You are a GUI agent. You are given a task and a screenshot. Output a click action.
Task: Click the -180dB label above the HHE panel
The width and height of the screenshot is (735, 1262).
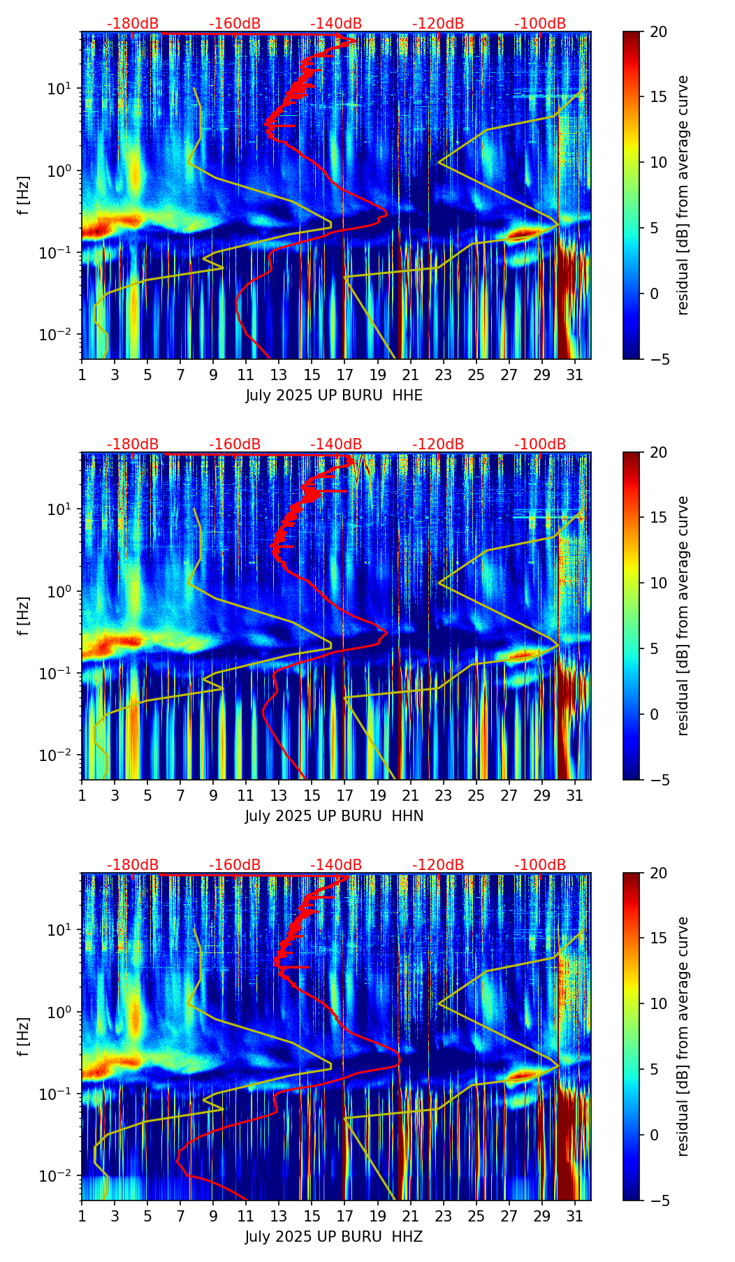[x=133, y=24]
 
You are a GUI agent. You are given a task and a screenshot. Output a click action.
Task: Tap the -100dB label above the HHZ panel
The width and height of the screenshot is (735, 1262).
[x=540, y=865]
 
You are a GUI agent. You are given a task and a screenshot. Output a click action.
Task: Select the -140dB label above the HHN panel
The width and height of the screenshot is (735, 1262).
[x=336, y=444]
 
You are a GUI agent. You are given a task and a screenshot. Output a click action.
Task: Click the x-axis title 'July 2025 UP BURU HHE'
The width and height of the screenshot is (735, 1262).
[x=334, y=396]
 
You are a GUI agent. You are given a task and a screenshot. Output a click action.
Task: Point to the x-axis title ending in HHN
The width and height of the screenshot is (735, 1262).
[x=334, y=816]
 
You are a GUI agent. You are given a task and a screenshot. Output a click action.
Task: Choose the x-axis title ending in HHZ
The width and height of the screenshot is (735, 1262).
[x=334, y=1237]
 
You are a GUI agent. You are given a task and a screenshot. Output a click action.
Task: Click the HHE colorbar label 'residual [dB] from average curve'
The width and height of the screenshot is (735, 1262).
[x=683, y=195]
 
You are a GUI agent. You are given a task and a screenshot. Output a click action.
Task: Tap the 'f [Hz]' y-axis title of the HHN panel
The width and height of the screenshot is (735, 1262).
[x=24, y=616]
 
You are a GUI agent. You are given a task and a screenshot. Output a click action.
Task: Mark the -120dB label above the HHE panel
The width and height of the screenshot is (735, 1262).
[x=438, y=24]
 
